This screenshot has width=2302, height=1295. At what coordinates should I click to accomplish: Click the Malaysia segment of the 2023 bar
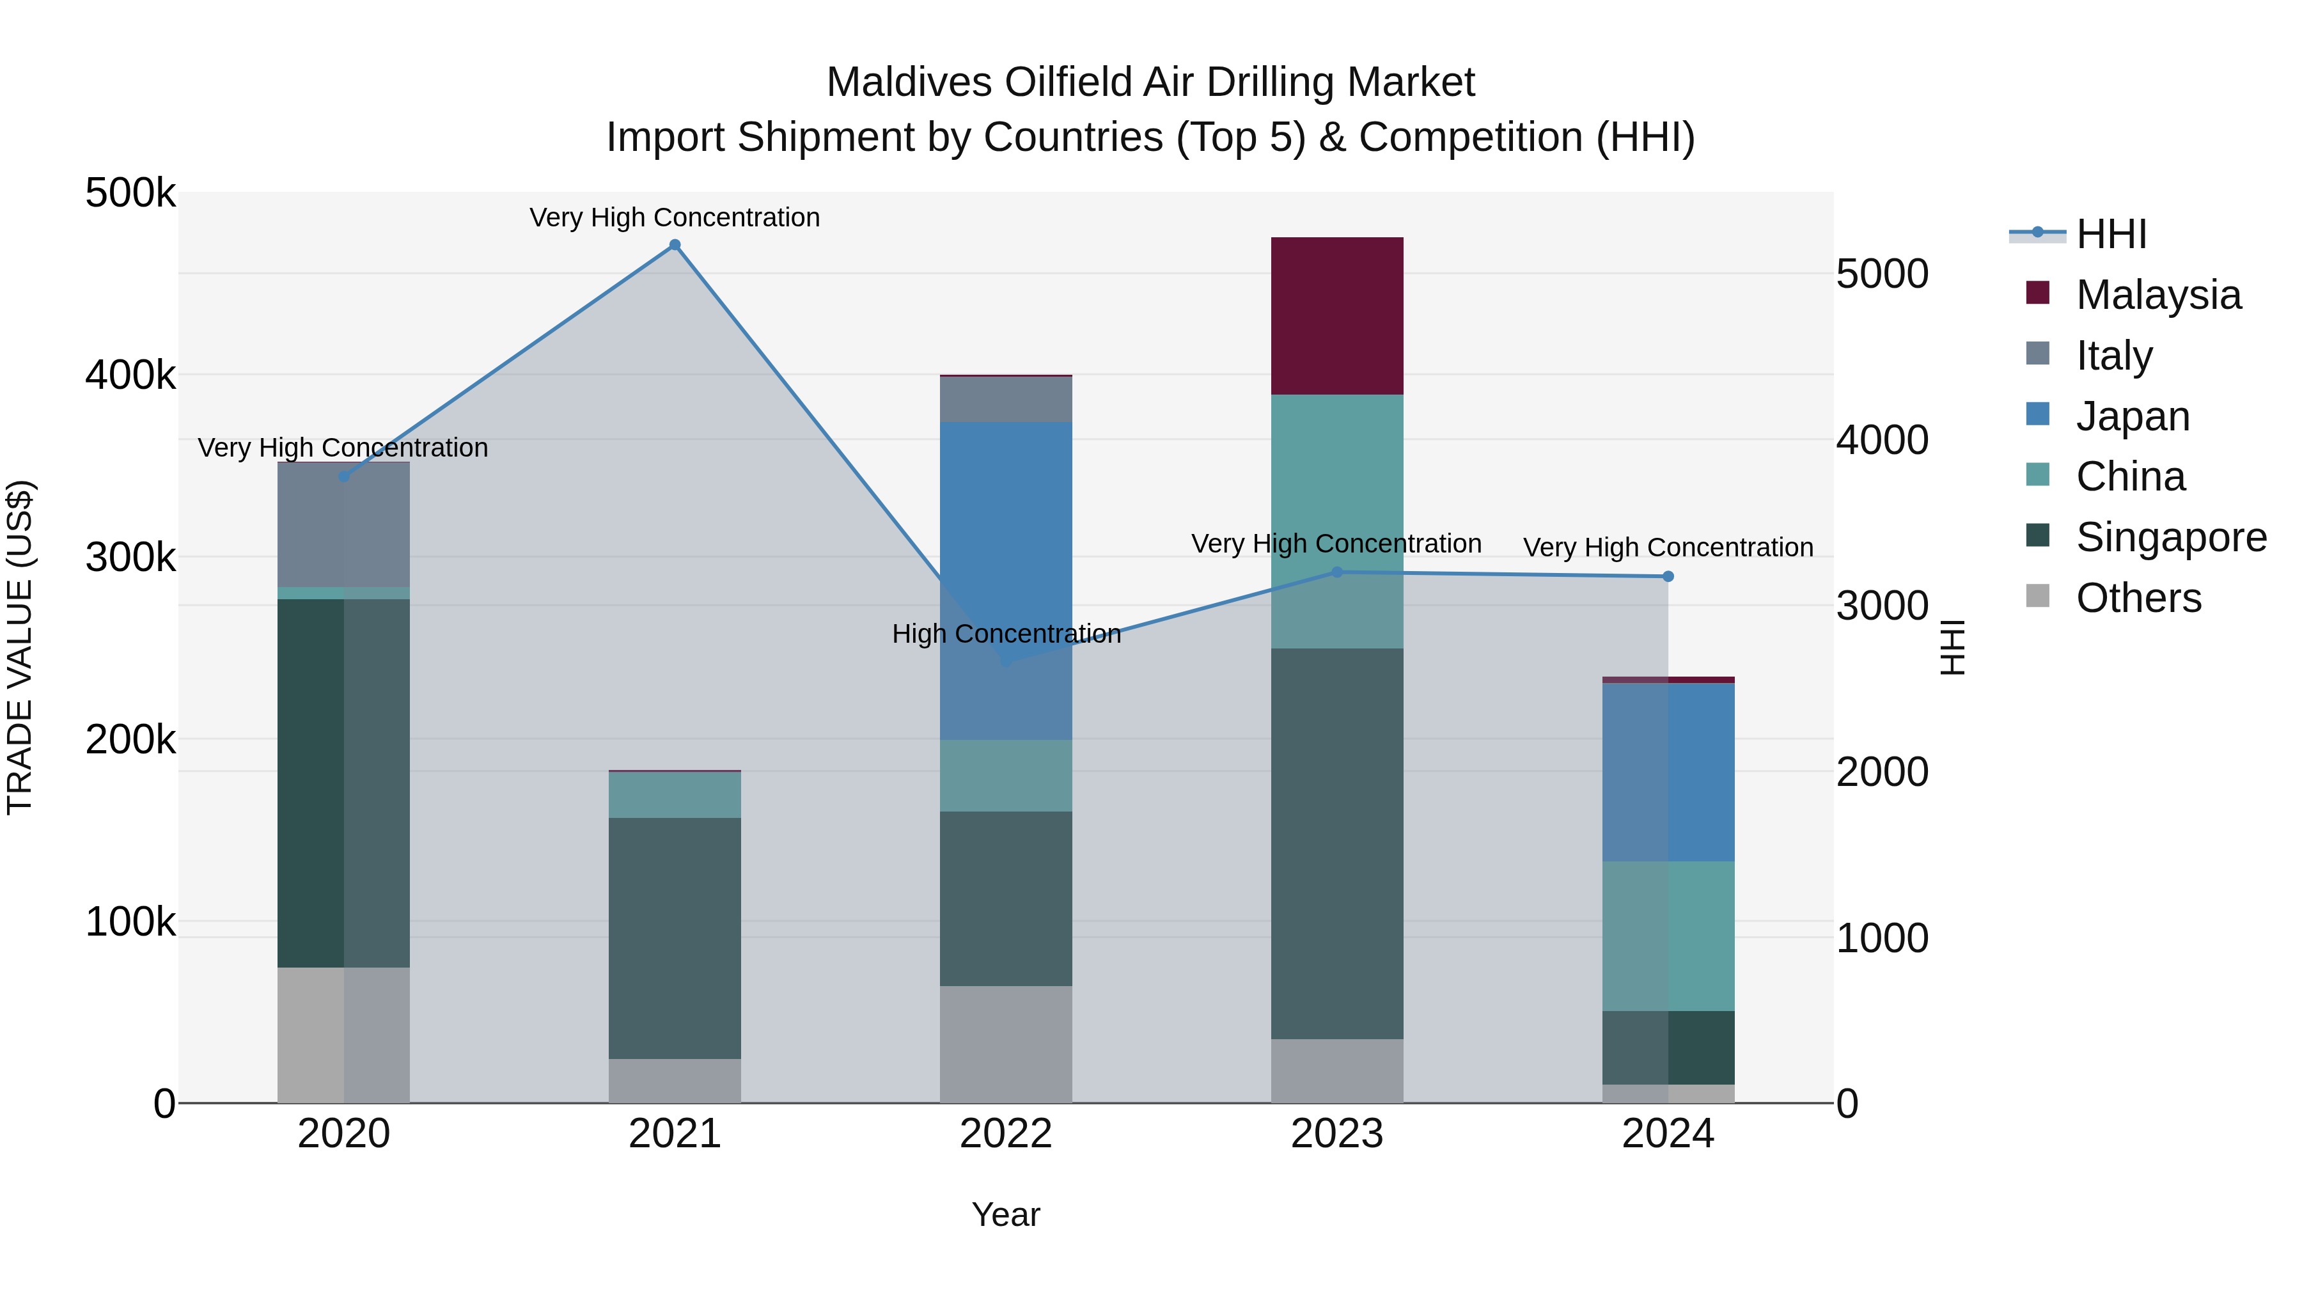[x=1337, y=315]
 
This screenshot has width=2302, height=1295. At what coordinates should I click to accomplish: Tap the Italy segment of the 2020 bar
[x=343, y=524]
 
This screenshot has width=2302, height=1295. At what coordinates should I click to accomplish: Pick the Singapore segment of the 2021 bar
[x=675, y=938]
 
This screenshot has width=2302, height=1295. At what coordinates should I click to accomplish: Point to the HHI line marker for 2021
[x=675, y=245]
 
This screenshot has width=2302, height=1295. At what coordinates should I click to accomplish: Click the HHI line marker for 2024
[x=1668, y=576]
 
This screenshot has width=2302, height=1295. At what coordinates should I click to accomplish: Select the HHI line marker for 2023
[x=1337, y=572]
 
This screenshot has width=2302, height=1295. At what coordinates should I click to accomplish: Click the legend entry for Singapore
[x=2170, y=537]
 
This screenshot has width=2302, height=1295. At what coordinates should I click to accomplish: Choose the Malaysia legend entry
[x=2157, y=295]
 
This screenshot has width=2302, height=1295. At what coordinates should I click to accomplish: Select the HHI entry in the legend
[x=2110, y=234]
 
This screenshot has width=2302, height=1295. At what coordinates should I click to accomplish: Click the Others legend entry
[x=2138, y=598]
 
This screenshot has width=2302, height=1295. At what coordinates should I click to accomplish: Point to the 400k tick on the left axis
[x=130, y=375]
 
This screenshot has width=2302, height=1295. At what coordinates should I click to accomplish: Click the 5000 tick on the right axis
[x=1882, y=274]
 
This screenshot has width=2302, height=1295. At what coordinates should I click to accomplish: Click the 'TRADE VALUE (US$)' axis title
[x=20, y=647]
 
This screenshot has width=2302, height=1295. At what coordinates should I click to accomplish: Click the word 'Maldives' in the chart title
[x=908, y=82]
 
